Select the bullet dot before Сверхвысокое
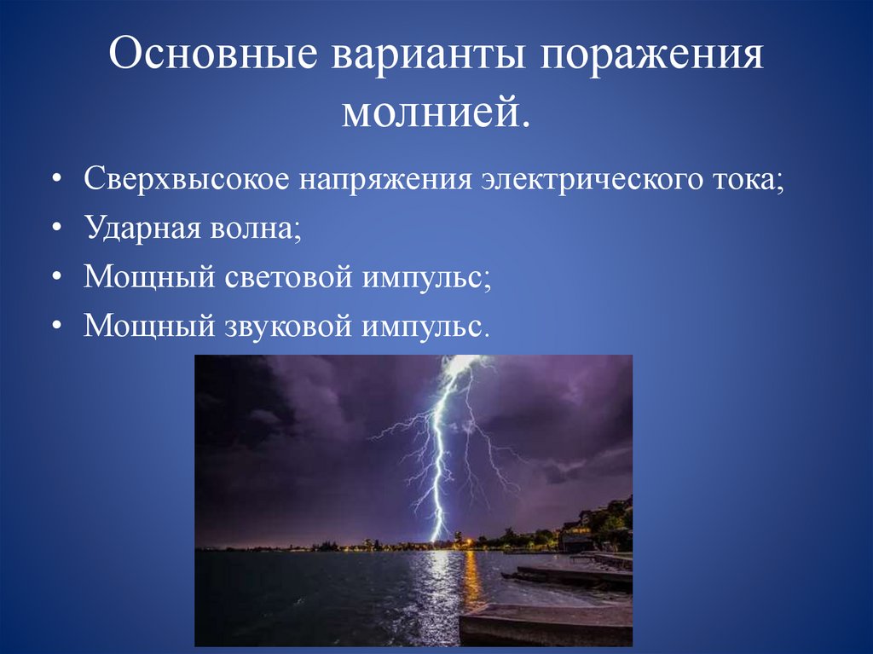[x=56, y=182]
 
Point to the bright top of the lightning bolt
[x=457, y=365]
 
